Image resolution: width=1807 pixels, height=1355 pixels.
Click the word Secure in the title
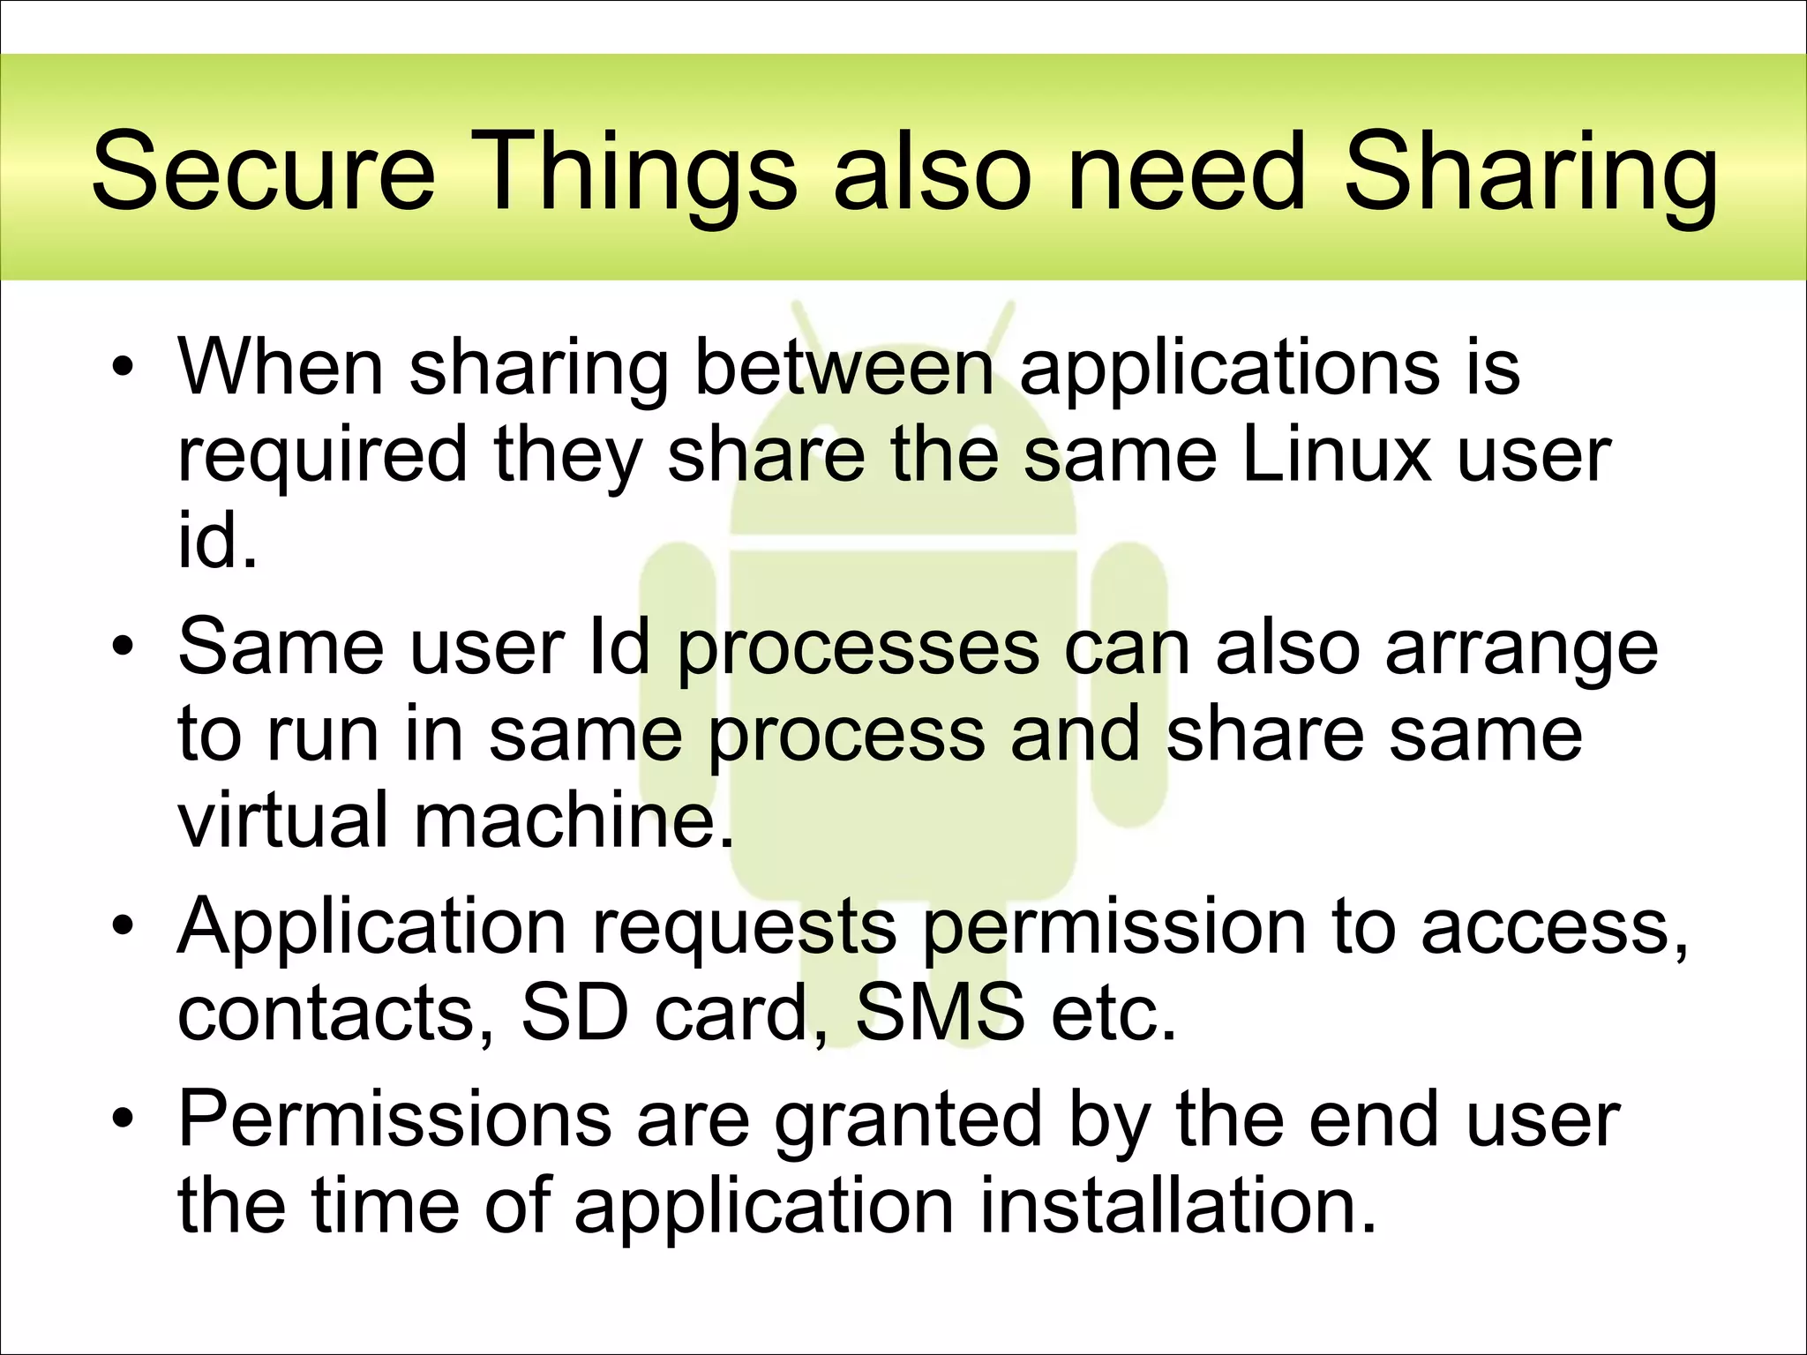point(263,171)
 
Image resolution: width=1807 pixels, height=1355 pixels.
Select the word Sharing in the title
point(1530,171)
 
